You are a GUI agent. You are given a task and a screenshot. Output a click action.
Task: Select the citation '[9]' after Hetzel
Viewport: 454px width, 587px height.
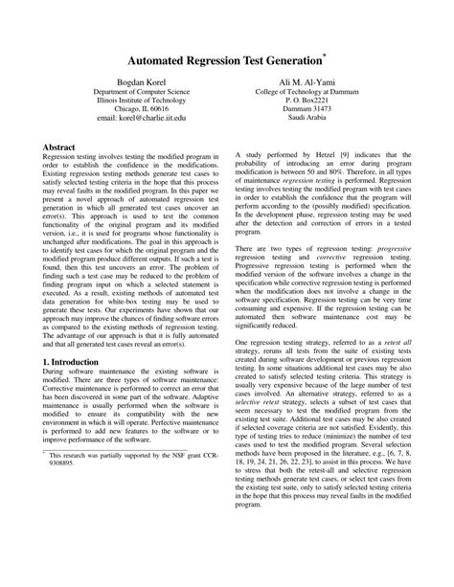point(336,154)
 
